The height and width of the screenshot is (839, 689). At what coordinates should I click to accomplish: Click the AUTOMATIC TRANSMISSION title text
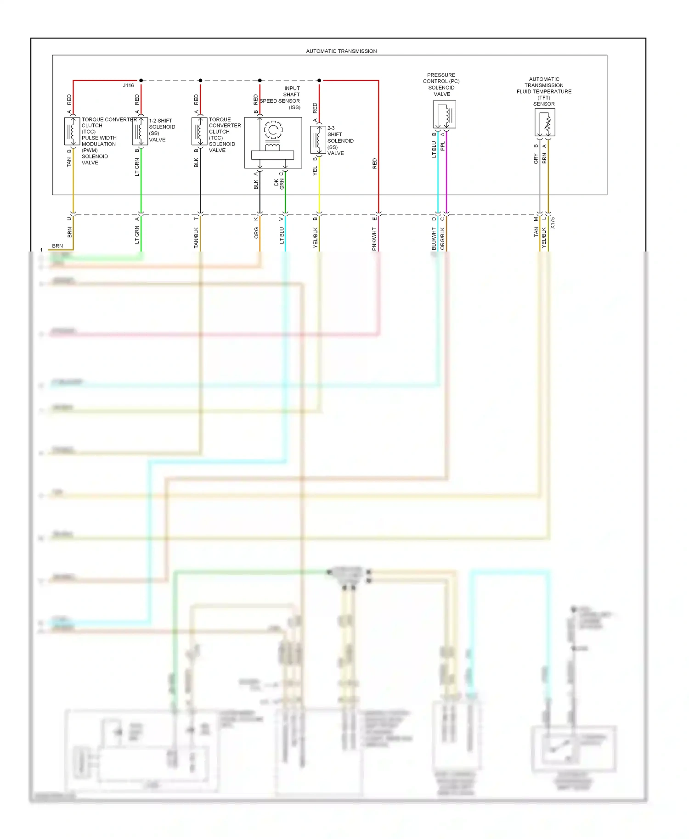[x=341, y=51]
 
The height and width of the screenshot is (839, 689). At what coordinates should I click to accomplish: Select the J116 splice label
[x=128, y=85]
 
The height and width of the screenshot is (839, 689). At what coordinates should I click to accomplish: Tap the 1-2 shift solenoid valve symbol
[x=140, y=131]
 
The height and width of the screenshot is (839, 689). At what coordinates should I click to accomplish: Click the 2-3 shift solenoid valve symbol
[x=318, y=140]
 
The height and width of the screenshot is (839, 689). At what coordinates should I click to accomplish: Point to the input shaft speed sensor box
[x=273, y=143]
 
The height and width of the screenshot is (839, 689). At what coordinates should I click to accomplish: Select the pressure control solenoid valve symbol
[x=444, y=114]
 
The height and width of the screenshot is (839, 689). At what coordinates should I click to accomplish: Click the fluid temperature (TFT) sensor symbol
[x=545, y=123]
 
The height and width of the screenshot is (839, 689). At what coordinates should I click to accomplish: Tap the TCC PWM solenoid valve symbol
[x=72, y=131]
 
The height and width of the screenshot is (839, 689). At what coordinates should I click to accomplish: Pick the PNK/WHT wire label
[x=374, y=239]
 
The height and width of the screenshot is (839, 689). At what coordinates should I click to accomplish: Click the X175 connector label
[x=553, y=223]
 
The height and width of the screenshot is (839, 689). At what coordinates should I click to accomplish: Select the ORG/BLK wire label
[x=443, y=239]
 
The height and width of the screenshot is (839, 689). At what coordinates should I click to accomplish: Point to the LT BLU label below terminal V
[x=282, y=235]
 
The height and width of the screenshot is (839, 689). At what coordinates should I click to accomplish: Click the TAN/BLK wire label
[x=196, y=238]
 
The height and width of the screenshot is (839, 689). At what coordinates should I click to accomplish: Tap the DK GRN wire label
[x=279, y=184]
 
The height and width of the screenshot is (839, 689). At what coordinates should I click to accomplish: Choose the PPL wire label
[x=443, y=146]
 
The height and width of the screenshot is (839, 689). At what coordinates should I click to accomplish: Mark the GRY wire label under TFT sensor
[x=536, y=159]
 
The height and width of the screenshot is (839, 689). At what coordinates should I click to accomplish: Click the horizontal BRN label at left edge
[x=57, y=246]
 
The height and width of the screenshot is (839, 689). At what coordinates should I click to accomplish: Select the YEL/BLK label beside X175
[x=544, y=238]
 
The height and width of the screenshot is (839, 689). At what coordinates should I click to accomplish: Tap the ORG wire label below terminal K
[x=256, y=233]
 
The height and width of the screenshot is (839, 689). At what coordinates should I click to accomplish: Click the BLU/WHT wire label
[x=434, y=239]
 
